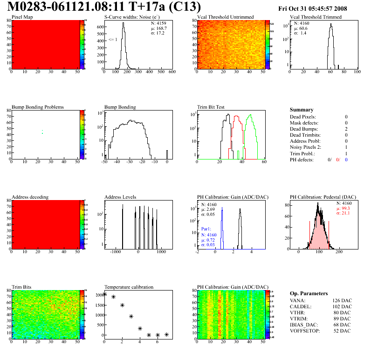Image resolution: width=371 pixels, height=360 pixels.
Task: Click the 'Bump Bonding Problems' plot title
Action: coord(38,107)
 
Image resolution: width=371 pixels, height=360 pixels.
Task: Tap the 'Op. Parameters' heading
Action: coord(309,293)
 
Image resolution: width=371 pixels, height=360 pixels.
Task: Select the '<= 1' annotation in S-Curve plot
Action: coord(112,40)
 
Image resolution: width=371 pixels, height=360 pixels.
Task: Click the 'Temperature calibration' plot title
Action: coord(129,287)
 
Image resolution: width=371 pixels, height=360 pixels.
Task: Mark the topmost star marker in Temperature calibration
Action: coord(104,294)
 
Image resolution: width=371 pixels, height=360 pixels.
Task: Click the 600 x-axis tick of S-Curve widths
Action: coord(172,72)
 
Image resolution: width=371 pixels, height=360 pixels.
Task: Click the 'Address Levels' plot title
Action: coord(120,197)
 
